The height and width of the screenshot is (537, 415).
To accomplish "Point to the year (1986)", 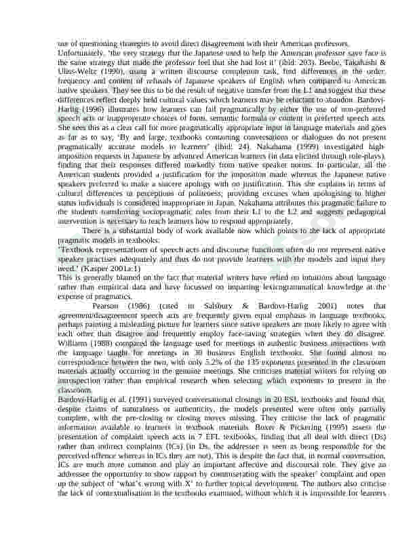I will (146, 306).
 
